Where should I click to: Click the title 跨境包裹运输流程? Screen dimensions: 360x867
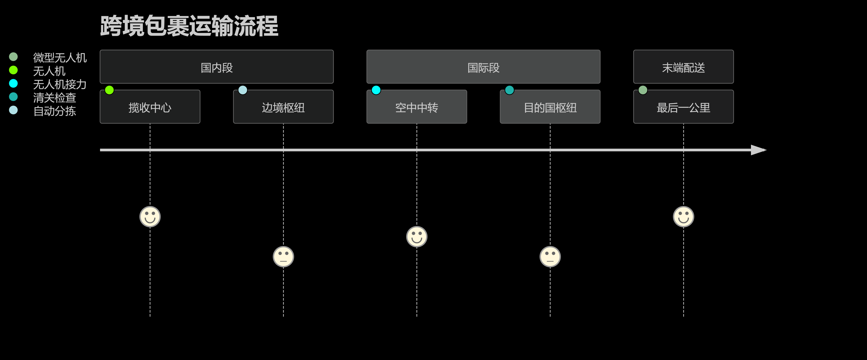(189, 26)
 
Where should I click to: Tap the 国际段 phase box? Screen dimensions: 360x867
(483, 67)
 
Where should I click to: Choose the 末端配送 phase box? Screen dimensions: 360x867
(683, 67)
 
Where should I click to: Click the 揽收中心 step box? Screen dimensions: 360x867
(150, 107)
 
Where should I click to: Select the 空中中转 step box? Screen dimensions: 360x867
(416, 107)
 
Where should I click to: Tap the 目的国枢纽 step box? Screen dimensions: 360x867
(550, 107)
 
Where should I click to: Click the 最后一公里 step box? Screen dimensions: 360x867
(683, 107)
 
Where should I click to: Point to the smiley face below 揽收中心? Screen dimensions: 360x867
(150, 217)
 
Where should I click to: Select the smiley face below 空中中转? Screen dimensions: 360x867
(417, 236)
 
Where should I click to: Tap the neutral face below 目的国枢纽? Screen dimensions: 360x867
(550, 257)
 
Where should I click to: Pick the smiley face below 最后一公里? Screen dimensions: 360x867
(683, 217)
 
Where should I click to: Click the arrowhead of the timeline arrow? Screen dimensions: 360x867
(758, 150)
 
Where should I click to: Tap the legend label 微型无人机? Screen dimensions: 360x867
(60, 58)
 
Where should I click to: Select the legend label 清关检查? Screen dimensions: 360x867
(54, 98)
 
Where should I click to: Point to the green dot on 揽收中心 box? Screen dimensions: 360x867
(109, 90)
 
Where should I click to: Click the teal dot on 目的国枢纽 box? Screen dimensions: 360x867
(509, 90)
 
